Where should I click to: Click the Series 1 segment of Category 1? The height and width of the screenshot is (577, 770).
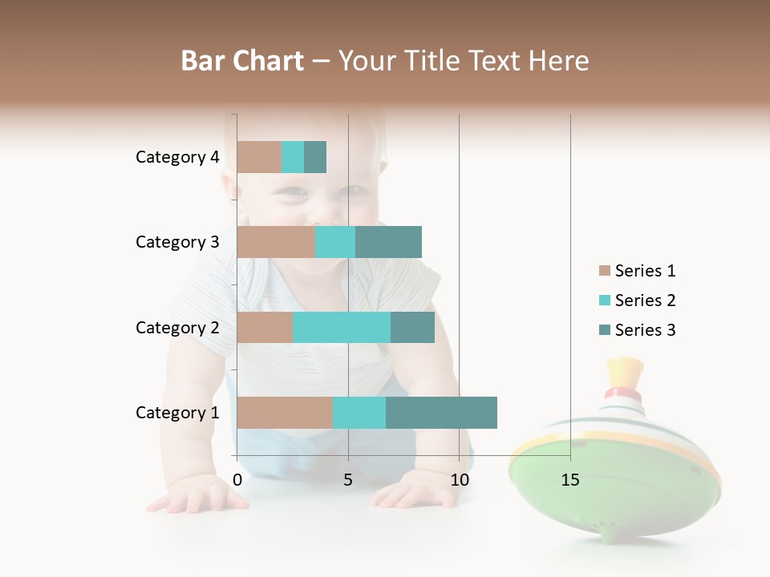pos(285,412)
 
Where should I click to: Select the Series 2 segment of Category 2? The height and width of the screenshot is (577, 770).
pos(342,327)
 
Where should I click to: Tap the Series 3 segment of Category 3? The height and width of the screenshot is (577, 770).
pos(388,242)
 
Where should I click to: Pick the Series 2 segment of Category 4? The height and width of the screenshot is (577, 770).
pos(293,157)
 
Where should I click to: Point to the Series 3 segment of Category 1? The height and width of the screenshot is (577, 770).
pos(441,412)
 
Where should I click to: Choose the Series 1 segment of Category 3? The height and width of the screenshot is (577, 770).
pos(276,242)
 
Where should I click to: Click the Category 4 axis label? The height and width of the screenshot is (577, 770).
pos(177,157)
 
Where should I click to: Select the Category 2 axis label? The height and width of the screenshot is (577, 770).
pos(177,327)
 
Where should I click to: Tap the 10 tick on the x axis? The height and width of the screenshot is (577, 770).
pos(459,480)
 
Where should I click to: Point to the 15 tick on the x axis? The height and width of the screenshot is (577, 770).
pos(570,480)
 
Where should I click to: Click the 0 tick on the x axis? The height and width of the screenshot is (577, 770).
pos(237,480)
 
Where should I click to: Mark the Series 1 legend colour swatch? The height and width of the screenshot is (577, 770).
pos(605,271)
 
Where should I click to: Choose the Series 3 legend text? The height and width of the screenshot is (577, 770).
pos(645,330)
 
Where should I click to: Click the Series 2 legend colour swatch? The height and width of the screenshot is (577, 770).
pos(605,301)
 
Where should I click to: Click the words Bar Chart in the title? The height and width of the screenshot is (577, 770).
pos(242,61)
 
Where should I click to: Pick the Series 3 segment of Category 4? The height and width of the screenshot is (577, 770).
pos(315,157)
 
